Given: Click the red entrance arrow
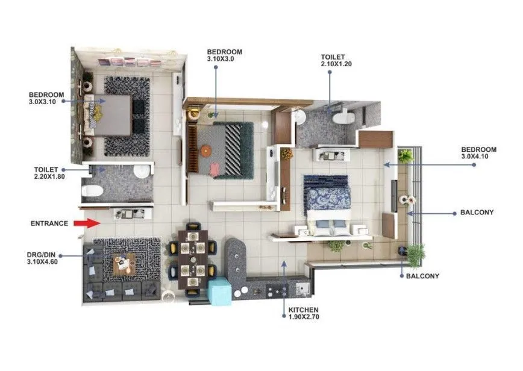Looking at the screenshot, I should point(86,223).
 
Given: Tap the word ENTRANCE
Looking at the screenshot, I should point(49,223).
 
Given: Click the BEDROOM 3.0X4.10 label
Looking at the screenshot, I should point(478,153).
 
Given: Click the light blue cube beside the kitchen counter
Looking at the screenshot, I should point(219,290).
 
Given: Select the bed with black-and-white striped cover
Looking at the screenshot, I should point(220,149).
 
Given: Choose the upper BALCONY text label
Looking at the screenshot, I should point(477,213).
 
